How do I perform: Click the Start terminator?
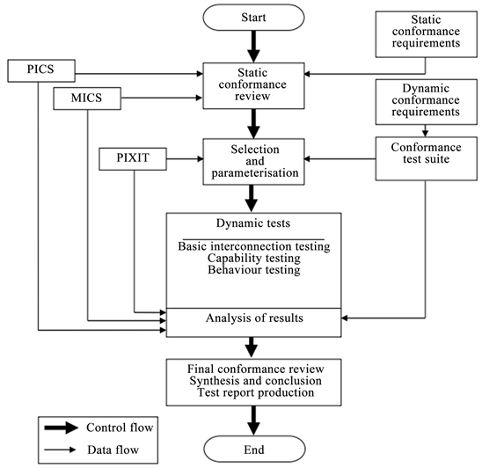pos(252,18)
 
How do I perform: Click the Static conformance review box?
pos(252,85)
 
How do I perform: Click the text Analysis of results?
pos(253,318)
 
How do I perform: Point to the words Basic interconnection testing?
pos(253,246)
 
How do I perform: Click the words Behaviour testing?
pos(253,270)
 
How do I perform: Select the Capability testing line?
pos(253,259)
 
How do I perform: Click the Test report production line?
pos(253,392)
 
